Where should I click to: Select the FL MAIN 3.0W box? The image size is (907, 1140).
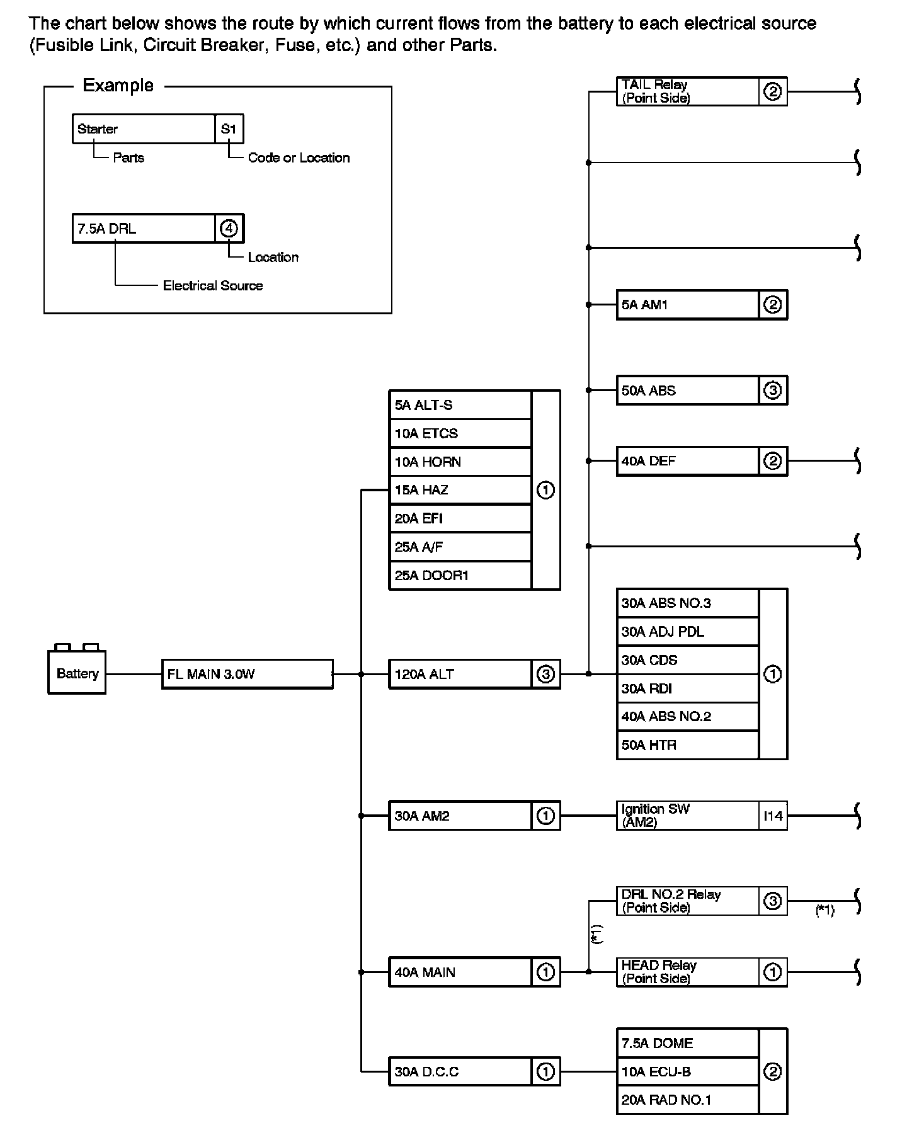247,674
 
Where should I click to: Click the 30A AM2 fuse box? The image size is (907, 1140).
460,816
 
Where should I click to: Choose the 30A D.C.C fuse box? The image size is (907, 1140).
460,1071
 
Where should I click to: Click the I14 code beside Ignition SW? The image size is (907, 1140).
773,816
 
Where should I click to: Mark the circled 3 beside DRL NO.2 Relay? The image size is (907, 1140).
773,901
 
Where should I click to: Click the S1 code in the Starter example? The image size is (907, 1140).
229,128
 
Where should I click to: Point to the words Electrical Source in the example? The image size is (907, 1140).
212,285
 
